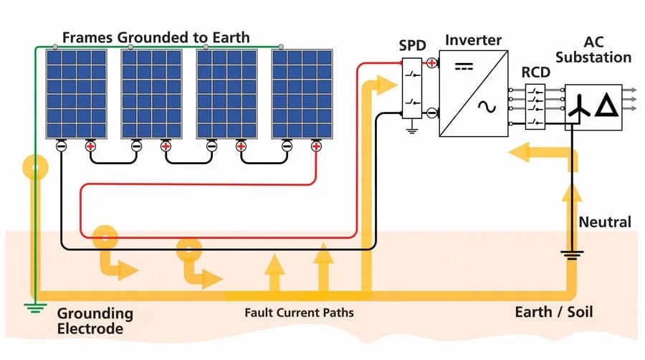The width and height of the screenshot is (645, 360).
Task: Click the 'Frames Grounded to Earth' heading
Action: (x=156, y=37)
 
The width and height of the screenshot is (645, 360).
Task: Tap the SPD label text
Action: (x=412, y=46)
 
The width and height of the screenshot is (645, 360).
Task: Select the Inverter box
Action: (x=474, y=93)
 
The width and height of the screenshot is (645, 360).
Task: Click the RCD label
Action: (x=535, y=72)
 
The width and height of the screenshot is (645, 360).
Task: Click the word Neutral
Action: (x=605, y=222)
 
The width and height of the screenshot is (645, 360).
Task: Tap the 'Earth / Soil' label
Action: (x=554, y=312)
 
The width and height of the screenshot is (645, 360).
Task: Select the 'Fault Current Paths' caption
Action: (x=299, y=313)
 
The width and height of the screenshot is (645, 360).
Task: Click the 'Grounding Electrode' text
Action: (x=95, y=321)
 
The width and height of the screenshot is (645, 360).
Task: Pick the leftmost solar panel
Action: (x=77, y=93)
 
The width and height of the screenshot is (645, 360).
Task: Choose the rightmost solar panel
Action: (x=302, y=93)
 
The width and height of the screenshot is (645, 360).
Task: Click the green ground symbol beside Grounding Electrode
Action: (x=32, y=308)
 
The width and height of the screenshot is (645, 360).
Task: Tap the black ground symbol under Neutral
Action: (x=571, y=255)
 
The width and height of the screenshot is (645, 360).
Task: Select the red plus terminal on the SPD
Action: (x=431, y=63)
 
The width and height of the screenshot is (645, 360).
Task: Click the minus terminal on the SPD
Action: (x=431, y=113)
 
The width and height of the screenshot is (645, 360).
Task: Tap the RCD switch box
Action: (x=535, y=107)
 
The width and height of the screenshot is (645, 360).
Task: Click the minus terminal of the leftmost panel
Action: (x=61, y=146)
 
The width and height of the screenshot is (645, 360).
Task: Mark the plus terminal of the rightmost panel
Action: (x=316, y=146)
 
